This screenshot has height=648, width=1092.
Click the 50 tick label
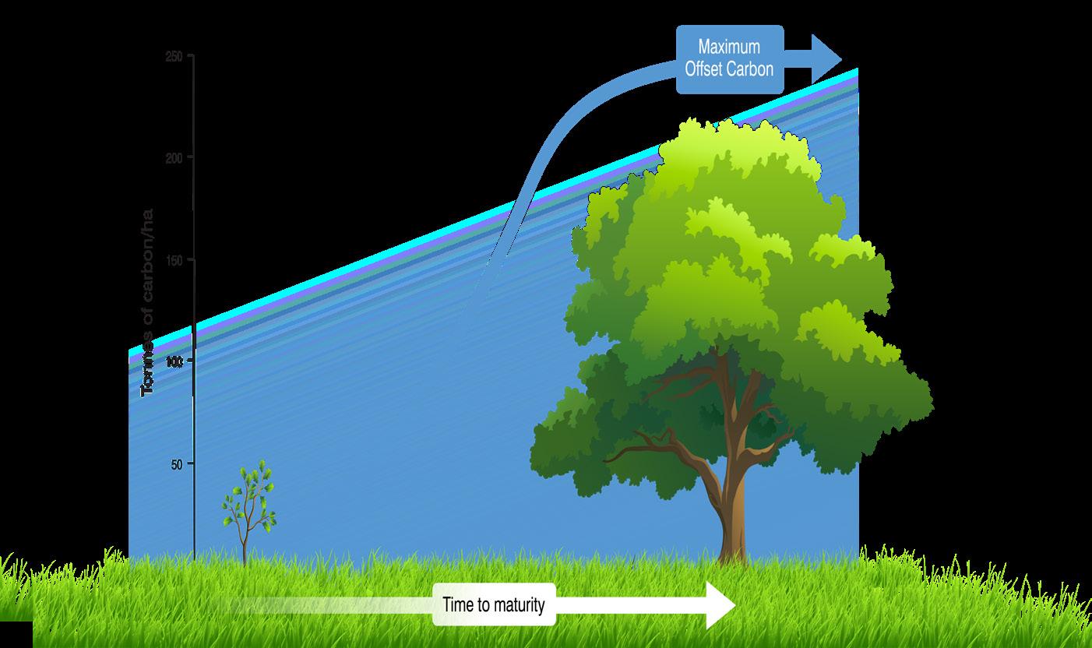tap(176, 464)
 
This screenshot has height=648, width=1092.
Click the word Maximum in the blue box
tap(729, 48)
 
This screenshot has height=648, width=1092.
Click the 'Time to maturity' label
tap(494, 604)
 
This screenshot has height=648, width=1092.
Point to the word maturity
tap(518, 605)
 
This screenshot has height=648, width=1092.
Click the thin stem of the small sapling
tap(245, 541)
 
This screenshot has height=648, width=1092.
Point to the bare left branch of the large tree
tap(639, 448)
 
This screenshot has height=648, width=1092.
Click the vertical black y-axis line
tap(193, 312)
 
